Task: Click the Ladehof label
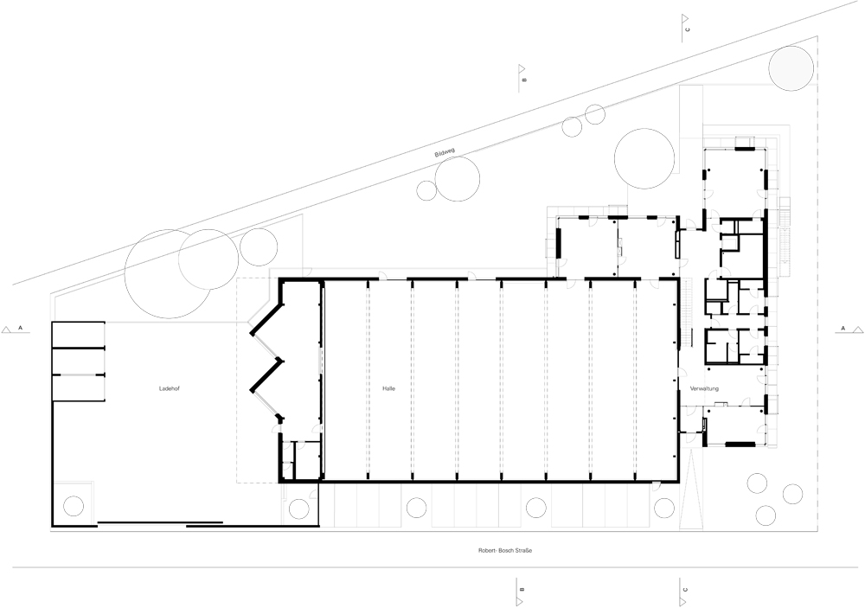click(170, 388)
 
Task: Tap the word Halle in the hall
click(389, 388)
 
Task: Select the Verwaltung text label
click(704, 389)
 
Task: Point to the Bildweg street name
click(445, 153)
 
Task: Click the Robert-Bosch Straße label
click(505, 550)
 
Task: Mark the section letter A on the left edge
click(21, 329)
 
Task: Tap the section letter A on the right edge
click(843, 329)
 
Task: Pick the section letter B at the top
click(525, 80)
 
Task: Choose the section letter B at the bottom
click(522, 590)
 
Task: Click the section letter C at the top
click(688, 29)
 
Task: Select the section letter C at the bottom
click(685, 590)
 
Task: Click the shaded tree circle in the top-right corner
click(791, 67)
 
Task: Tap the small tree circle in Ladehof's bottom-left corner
click(74, 505)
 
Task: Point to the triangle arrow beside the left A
click(7, 330)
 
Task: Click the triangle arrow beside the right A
click(857, 330)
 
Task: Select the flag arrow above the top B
click(521, 68)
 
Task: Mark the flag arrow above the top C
click(684, 18)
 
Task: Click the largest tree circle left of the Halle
click(170, 274)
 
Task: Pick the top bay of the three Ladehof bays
click(79, 335)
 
